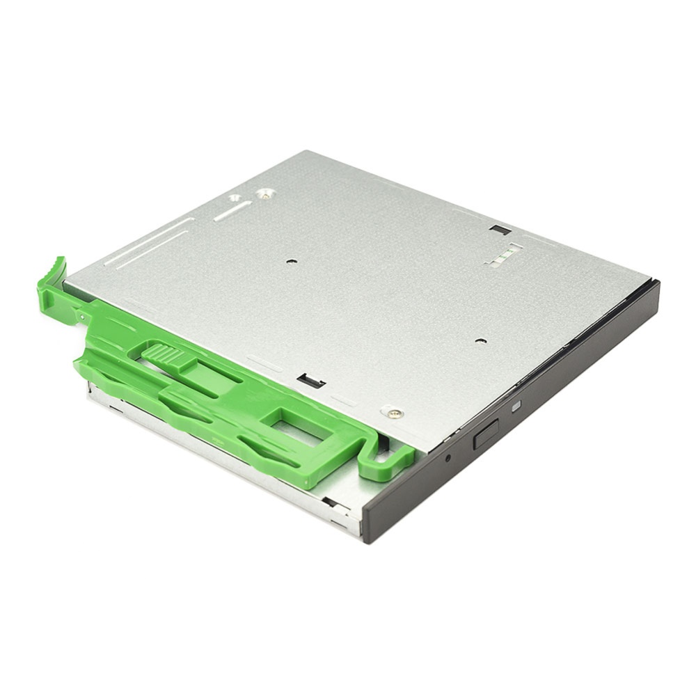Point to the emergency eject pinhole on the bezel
pyautogui.click(x=448, y=458)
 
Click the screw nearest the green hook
pyautogui.click(x=394, y=413)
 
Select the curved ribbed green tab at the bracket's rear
pyautogui.click(x=53, y=278)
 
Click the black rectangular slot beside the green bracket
pyautogui.click(x=310, y=381)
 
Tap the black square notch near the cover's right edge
pyautogui.click(x=500, y=230)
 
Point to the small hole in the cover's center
pyautogui.click(x=292, y=262)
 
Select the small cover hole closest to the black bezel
pyautogui.click(x=480, y=341)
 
